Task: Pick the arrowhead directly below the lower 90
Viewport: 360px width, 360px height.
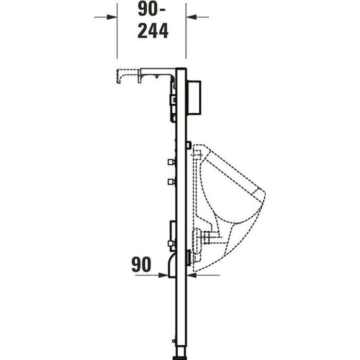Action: point(165,276)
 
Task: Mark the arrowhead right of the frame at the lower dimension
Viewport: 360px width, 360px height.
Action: point(190,276)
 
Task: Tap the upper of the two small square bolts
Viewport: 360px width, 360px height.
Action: point(170,162)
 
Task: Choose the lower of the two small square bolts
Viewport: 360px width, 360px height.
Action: point(170,181)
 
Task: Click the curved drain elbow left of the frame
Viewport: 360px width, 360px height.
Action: point(172,263)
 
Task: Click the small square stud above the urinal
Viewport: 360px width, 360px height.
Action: point(190,145)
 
